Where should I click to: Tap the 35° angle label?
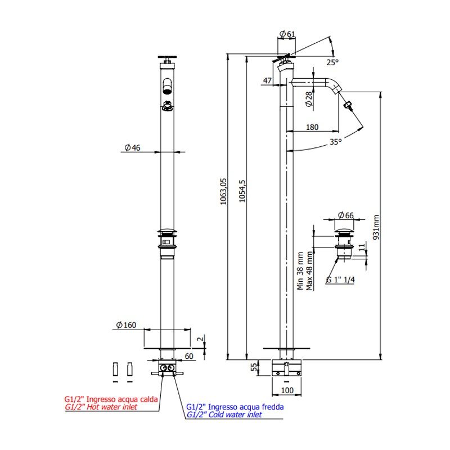(x=335, y=142)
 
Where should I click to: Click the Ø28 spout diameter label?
(x=309, y=100)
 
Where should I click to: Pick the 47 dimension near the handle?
(x=267, y=82)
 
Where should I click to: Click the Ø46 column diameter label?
(x=133, y=147)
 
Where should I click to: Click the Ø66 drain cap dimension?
(x=345, y=215)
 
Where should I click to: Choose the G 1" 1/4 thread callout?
(x=340, y=280)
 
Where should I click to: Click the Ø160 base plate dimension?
(x=127, y=325)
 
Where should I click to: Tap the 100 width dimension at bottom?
(x=287, y=390)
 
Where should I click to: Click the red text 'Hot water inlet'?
(x=111, y=406)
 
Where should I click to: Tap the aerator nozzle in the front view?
(x=167, y=87)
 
